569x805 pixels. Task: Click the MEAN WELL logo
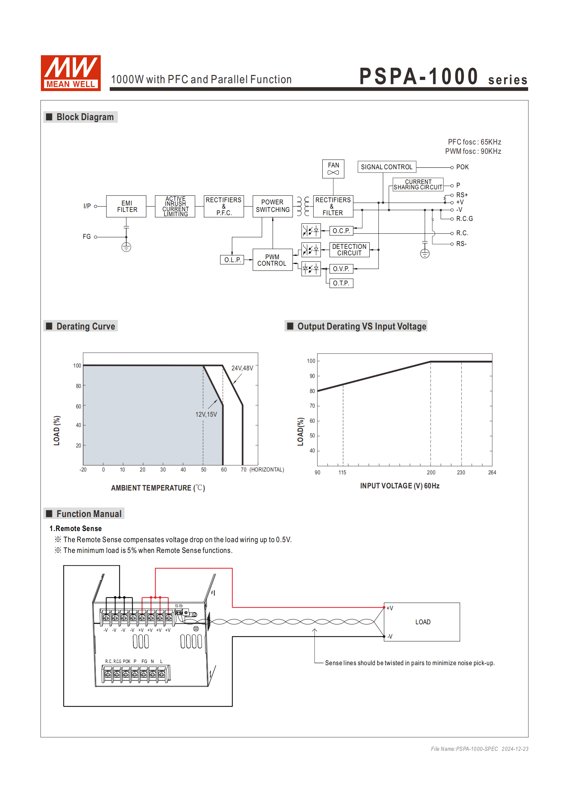tap(71, 73)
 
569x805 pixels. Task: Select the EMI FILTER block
tap(126, 206)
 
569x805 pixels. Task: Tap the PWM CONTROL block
tap(272, 260)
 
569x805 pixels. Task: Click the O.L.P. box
tap(232, 260)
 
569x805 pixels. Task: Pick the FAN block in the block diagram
tap(333, 169)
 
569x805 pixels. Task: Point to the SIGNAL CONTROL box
tap(387, 167)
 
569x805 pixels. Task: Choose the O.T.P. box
tap(341, 283)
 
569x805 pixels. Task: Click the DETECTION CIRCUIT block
tap(349, 250)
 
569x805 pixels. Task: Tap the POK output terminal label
tap(462, 167)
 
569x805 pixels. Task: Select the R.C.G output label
tap(464, 219)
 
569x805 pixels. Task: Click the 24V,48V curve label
tap(242, 368)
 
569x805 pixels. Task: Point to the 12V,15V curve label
tap(206, 415)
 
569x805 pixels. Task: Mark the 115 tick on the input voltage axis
tap(342, 473)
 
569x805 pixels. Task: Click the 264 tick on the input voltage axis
tap(492, 473)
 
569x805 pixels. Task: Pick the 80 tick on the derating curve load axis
tap(79, 386)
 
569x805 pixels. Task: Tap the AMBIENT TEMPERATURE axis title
tap(158, 488)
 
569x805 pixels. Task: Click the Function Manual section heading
tap(89, 514)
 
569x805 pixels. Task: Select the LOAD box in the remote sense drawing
tap(422, 622)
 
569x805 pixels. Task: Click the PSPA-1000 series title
tap(443, 77)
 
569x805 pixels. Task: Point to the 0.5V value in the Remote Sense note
tap(283, 540)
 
